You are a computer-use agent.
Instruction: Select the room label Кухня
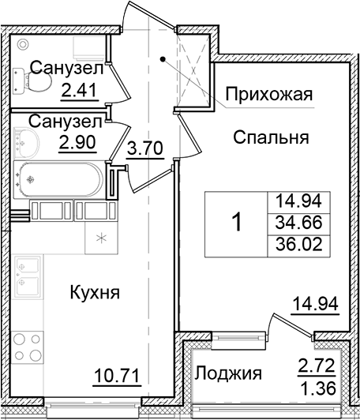pyautogui.click(x=95, y=293)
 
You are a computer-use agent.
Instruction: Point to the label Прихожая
pyautogui.click(x=268, y=96)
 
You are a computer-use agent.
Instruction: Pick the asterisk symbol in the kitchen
pyautogui.click(x=102, y=238)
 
